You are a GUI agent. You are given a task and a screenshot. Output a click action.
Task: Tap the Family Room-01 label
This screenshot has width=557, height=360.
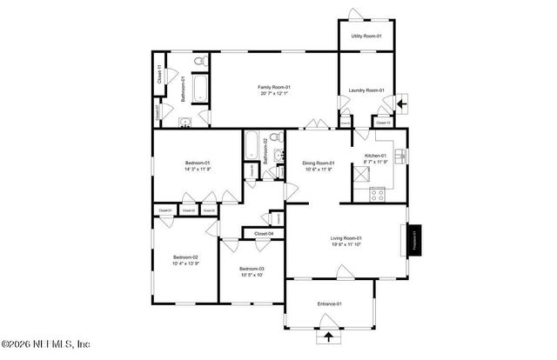click(273, 87)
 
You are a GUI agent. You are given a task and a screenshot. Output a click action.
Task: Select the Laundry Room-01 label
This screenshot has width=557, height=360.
click(366, 90)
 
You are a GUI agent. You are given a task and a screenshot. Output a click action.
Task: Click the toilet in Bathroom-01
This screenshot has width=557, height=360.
click(198, 62)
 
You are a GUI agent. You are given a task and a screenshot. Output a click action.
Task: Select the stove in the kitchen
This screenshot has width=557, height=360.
click(377, 194)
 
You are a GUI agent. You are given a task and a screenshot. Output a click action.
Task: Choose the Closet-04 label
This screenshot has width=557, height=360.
click(264, 233)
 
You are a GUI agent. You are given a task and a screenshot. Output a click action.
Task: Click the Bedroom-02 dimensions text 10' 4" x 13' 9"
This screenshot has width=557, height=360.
click(185, 263)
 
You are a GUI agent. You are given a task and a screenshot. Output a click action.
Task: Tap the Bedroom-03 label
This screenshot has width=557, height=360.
click(251, 270)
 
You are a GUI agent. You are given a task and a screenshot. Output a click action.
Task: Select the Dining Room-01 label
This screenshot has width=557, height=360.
click(318, 163)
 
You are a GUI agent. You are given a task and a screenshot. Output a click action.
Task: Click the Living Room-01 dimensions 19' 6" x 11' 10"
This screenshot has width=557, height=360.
click(346, 244)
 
